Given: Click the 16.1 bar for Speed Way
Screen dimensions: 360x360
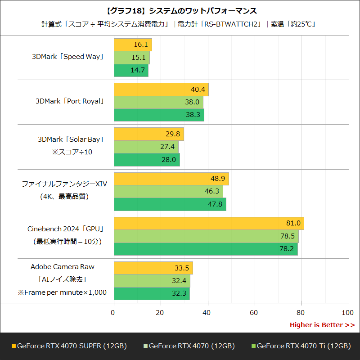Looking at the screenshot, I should tap(133, 45).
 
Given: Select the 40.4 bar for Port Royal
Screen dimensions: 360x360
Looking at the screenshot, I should tap(161, 90).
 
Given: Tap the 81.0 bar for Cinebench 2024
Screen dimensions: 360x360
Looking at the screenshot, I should tap(209, 223).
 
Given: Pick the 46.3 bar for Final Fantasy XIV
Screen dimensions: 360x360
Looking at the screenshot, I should tap(168, 191).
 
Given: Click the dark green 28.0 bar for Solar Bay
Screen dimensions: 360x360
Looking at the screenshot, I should tap(147, 160).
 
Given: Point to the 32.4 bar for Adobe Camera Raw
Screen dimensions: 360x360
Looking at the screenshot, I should tap(152, 281).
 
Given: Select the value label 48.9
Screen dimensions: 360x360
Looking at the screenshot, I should tap(217, 179).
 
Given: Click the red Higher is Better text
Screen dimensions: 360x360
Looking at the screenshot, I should tap(322, 325).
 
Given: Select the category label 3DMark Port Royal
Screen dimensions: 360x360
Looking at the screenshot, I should tap(70, 101).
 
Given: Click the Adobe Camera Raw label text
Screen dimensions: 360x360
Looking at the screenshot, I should tap(63, 267).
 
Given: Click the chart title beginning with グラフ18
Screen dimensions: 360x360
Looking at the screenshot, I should tap(180, 10).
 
